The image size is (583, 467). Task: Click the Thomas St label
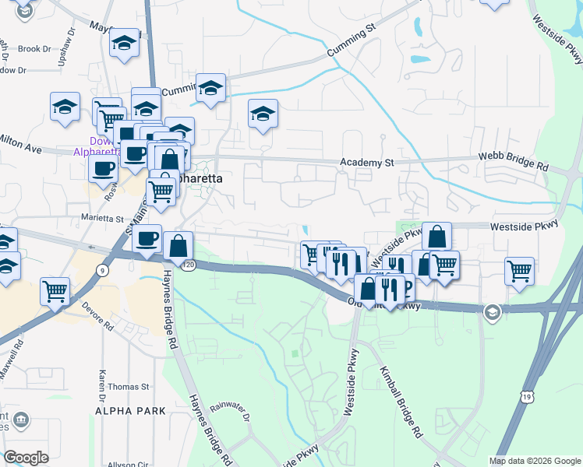click(x=129, y=387)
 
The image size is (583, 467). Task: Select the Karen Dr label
click(x=102, y=381)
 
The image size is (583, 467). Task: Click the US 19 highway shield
click(x=528, y=397)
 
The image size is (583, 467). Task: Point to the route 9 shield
click(x=102, y=270)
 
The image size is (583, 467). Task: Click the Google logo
click(x=26, y=458)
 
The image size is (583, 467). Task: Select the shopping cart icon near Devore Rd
click(x=55, y=292)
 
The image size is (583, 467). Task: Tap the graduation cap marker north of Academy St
click(x=263, y=114)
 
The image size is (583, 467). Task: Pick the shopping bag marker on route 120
click(x=178, y=246)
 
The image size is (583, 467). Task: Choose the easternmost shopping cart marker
click(x=519, y=272)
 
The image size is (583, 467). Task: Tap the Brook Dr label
click(x=34, y=49)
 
